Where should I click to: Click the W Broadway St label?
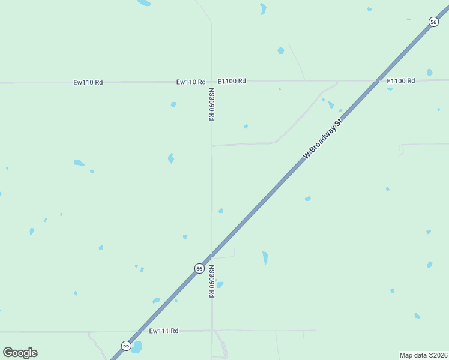[322, 139]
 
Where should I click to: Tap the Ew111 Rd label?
[164, 331]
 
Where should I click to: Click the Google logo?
[20, 353]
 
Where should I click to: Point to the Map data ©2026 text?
[423, 355]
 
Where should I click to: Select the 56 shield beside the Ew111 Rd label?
[126, 345]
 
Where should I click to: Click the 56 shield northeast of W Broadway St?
[433, 22]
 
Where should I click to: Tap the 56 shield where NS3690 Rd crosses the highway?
[199, 269]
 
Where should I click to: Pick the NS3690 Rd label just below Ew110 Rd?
[212, 105]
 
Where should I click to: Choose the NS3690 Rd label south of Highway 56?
[212, 281]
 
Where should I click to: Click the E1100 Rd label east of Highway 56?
[401, 80]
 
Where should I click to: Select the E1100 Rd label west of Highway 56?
[232, 80]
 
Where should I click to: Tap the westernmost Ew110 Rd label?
[88, 82]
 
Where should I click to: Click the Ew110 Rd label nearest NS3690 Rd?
[191, 82]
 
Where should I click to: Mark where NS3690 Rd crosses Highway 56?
[212, 255]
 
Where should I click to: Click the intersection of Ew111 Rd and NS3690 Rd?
[212, 330]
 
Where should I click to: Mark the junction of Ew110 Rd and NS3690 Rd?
[211, 81]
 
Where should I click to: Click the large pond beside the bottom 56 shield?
[137, 347]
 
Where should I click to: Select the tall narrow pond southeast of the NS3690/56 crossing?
[265, 258]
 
